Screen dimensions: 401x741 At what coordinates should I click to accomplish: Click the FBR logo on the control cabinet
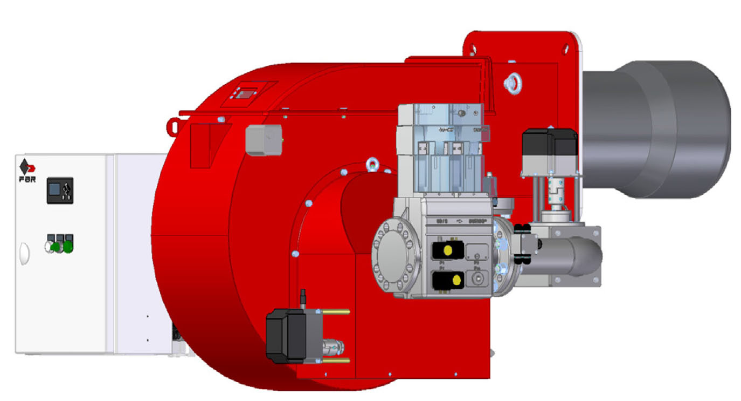[x=27, y=171]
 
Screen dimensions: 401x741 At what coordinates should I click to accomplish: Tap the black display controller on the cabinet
[x=59, y=190]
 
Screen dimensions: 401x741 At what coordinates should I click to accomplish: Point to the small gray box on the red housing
[x=263, y=140]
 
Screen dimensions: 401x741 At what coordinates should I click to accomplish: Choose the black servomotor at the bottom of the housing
[x=287, y=335]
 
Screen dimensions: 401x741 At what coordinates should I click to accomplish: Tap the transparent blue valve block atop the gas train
[x=439, y=148]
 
